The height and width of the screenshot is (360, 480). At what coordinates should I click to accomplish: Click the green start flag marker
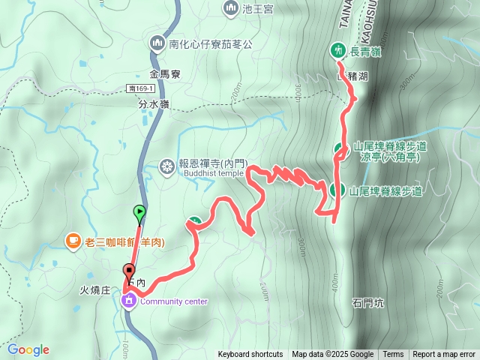[139, 212]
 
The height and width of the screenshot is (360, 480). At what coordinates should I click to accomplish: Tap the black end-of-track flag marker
[130, 271]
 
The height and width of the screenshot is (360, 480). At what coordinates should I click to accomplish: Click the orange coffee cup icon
[72, 241]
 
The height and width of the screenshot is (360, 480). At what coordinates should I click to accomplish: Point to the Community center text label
[174, 301]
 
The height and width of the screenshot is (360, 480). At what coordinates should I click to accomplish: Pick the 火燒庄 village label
[96, 288]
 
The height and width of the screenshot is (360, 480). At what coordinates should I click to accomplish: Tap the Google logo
[28, 349]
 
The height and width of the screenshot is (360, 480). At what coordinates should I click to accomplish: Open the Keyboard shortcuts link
[250, 355]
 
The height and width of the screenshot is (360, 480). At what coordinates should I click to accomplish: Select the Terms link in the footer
[393, 355]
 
